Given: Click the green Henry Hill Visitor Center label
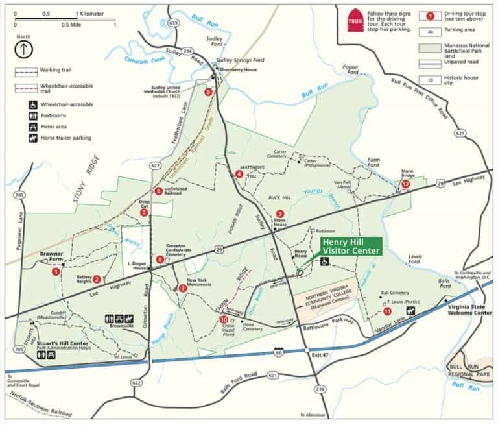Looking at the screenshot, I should pos(351,247).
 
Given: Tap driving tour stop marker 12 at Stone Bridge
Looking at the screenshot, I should pos(406,184).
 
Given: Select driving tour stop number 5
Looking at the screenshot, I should pos(208,92).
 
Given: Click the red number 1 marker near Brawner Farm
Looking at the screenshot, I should pos(56,272).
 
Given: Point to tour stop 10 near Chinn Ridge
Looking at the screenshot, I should pos(224,319).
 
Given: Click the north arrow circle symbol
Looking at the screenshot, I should pos(23,49).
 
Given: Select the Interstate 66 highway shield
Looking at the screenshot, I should pos(278,351).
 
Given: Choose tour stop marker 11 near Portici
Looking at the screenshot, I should pos(387,311).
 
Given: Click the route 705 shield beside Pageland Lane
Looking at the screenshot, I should pos(19,194).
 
